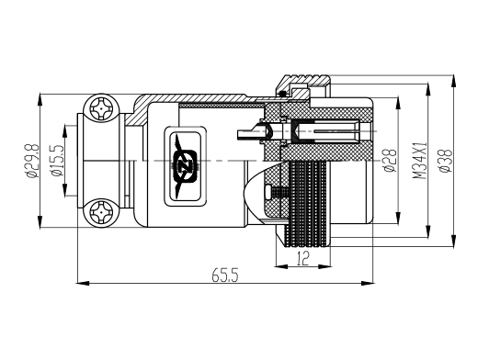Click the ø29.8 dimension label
tap(33, 161)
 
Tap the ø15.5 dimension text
tap(58, 161)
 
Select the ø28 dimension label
tap(391, 161)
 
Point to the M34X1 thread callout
tap(419, 161)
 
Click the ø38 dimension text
tap(445, 161)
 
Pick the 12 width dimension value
tap(303, 258)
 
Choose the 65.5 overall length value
tap(225, 276)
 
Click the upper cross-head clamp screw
tap(101, 109)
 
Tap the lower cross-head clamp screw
tap(101, 212)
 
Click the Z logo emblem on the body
tap(186, 166)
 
